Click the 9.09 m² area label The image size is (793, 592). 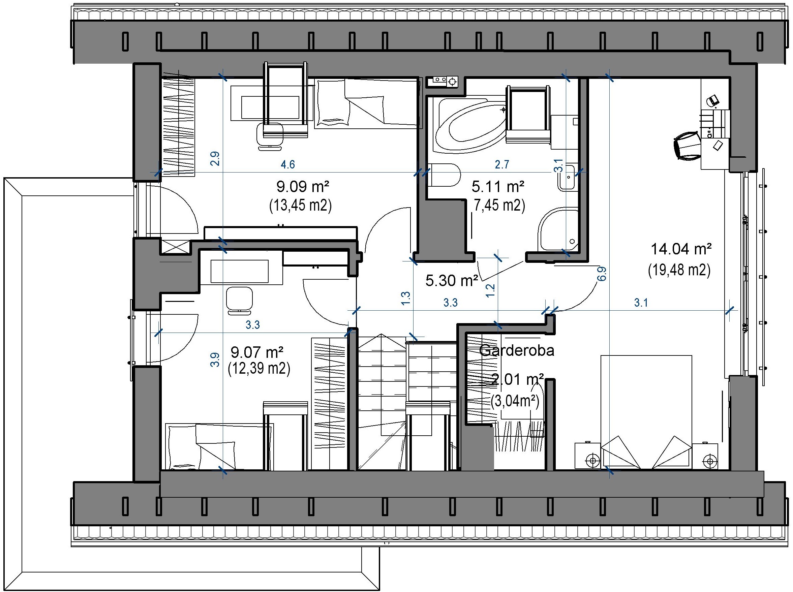pyautogui.click(x=303, y=186)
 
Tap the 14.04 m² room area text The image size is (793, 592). pyautogui.click(x=681, y=249)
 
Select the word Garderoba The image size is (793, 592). pyautogui.click(x=516, y=350)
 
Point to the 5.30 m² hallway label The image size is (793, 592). pyautogui.click(x=452, y=281)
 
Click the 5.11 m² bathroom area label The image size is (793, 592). pyautogui.click(x=498, y=186)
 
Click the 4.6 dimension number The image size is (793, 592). pyautogui.click(x=287, y=164)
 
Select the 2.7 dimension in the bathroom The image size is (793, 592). pyautogui.click(x=502, y=164)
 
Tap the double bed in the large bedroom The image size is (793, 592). pyautogui.click(x=646, y=412)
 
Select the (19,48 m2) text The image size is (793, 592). pyautogui.click(x=679, y=270)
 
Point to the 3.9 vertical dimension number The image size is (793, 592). pyautogui.click(x=215, y=360)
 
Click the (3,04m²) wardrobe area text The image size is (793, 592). pyautogui.click(x=515, y=401)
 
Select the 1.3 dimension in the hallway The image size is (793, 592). pyautogui.click(x=405, y=299)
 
